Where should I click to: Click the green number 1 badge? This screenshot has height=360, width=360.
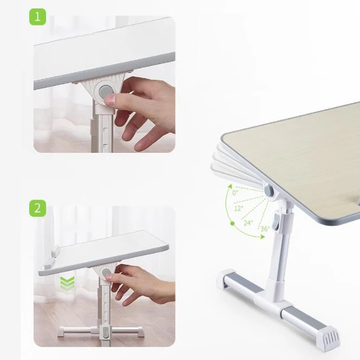click(37, 17)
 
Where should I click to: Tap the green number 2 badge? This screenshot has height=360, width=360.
click(37, 208)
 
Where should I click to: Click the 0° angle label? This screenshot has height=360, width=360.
click(235, 192)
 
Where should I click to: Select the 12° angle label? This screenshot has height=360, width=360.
click(238, 208)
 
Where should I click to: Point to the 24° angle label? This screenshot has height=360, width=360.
click(248, 222)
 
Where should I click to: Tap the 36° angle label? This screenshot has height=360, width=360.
click(263, 229)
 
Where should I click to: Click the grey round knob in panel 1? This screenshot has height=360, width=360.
click(105, 92)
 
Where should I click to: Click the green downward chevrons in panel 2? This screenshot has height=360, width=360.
click(67, 283)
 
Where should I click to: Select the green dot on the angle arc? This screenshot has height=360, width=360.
click(232, 223)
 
